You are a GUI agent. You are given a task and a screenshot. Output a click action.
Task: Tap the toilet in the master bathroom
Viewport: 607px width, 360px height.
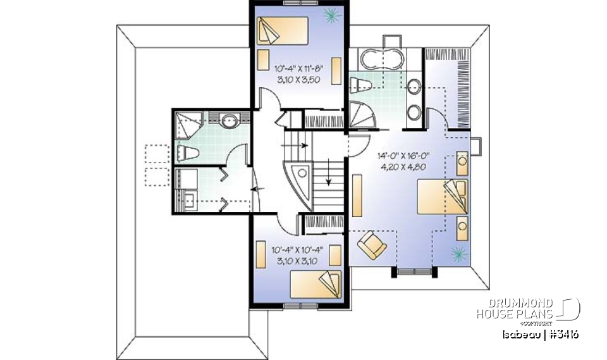(361, 85)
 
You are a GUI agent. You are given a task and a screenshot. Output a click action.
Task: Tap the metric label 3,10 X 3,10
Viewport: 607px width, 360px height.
(299, 261)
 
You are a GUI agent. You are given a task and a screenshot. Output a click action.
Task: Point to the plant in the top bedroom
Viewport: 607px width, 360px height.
(330, 14)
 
